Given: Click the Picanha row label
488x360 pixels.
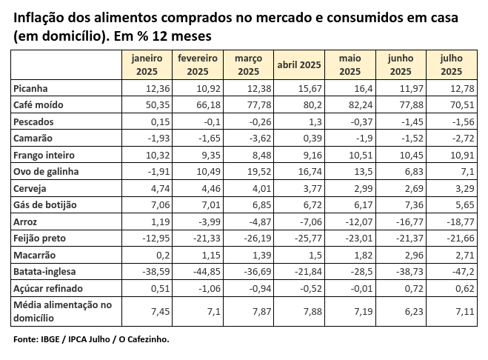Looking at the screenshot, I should point(30,88).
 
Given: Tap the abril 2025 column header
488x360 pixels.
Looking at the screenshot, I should point(298,64).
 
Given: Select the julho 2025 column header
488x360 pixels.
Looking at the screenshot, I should point(451,64).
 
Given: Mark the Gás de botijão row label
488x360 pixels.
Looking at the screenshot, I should point(45,205).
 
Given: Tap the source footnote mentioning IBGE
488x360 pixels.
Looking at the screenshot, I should point(91,339).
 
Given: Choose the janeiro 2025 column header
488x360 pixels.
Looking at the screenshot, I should point(149,64).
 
